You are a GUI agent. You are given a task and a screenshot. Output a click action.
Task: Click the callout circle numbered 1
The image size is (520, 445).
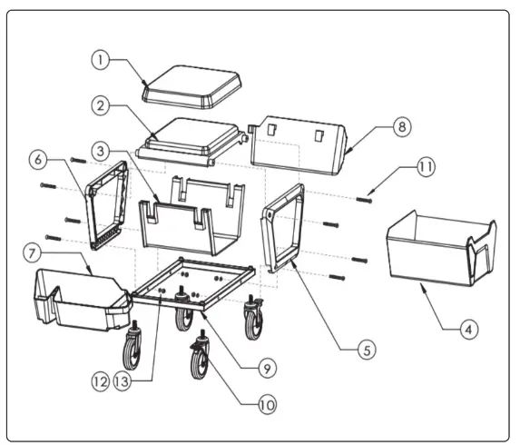click(103, 60)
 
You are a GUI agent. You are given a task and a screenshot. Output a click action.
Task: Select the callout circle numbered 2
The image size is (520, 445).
click(103, 106)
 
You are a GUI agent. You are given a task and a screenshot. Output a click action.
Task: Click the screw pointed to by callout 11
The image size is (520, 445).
click(364, 200)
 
